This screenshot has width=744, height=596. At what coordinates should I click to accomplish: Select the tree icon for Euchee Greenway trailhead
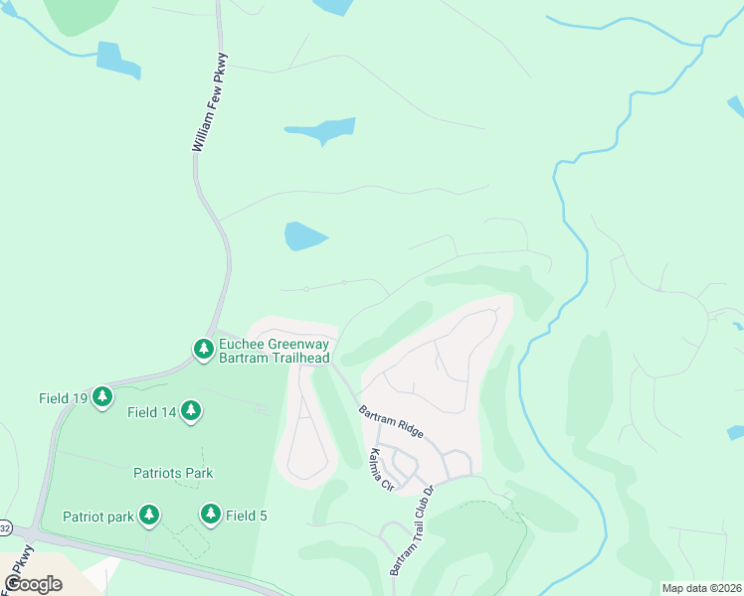tap(203, 349)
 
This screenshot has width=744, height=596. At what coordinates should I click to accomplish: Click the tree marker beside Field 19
tap(101, 398)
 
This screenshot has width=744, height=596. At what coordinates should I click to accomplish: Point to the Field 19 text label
tap(62, 398)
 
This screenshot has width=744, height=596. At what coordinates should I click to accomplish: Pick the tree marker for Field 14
tap(190, 411)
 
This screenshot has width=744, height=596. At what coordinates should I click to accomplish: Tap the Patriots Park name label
tap(173, 473)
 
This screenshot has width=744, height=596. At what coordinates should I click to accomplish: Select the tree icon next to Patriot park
tap(148, 515)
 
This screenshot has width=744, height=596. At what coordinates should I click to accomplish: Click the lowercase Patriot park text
tap(97, 516)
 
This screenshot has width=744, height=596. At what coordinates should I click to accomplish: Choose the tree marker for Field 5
tap(210, 515)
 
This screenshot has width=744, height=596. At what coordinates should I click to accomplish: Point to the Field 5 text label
tap(247, 516)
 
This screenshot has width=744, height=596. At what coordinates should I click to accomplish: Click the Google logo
tap(33, 583)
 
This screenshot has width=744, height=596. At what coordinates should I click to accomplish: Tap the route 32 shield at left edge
tap(4, 527)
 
